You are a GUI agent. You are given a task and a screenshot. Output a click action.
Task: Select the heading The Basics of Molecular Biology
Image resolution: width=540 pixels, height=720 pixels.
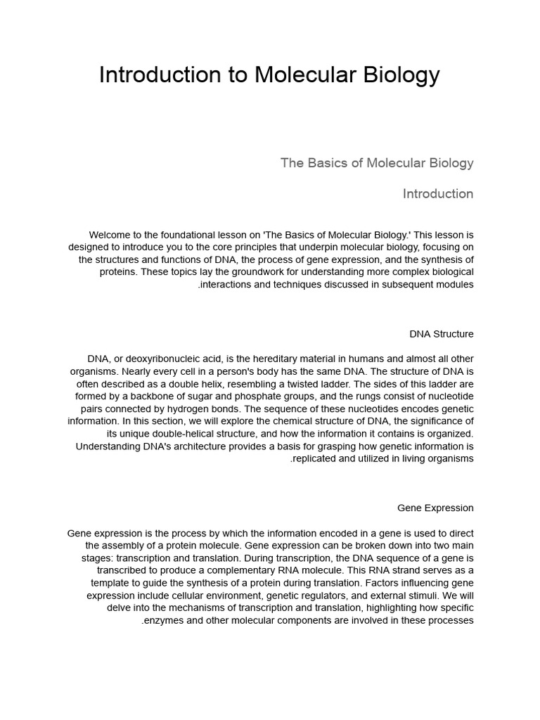377,163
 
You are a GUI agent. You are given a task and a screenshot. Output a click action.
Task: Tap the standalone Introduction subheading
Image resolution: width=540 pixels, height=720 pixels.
438,194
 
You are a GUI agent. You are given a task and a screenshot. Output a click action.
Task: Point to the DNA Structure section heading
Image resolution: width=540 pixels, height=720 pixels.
442,334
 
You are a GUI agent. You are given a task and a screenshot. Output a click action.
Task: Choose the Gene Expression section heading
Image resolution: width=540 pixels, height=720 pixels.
435,508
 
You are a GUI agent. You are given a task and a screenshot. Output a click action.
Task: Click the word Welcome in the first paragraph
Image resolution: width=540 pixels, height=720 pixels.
111,234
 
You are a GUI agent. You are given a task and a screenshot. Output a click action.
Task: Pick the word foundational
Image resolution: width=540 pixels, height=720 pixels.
199,234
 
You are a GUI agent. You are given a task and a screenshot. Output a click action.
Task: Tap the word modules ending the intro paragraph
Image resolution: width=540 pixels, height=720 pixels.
455,285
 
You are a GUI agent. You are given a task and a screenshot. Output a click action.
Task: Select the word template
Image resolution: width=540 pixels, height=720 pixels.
110,583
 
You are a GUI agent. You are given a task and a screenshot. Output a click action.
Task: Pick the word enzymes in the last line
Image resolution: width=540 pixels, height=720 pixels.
164,621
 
